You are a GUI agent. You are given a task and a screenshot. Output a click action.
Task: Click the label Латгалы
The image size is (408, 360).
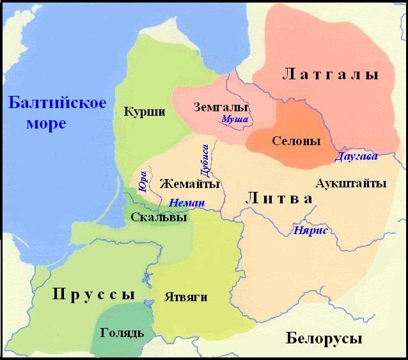pos(331,75)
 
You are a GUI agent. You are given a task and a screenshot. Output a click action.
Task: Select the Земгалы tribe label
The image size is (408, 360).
pos(220,107)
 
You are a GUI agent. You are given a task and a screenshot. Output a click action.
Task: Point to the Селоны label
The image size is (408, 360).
pos(295,141)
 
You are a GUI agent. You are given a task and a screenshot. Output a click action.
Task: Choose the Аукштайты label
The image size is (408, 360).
pos(351,184)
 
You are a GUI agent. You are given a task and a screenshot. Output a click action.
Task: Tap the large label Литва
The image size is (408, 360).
pos(279,199)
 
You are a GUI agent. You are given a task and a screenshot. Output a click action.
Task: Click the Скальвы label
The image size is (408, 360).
pos(159,217)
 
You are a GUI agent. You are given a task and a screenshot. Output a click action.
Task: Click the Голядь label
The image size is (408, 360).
pos(123,333)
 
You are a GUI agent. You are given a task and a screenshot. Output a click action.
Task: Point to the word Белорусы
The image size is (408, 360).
pos(324,338)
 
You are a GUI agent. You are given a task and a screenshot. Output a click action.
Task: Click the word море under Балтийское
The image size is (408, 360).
pos(46,123)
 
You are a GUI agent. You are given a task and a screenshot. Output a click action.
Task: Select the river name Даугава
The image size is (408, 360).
pos(356,156)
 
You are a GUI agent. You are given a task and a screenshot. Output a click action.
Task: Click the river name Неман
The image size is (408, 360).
pos(187,203)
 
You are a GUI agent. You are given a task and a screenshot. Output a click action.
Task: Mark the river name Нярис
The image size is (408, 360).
pos(310,230)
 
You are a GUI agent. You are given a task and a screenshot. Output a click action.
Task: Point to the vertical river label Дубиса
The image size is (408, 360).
pos(205,160)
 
